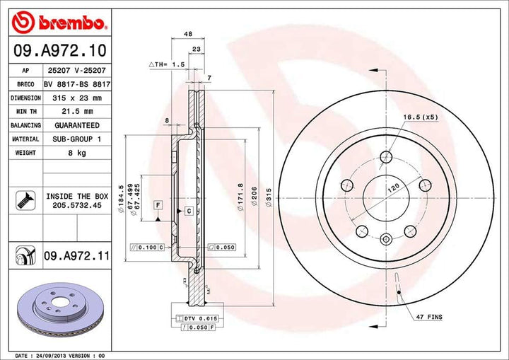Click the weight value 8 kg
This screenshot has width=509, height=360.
pos(76,153)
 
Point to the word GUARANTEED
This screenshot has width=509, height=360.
pos(76,125)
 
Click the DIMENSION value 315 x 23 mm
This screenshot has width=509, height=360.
pos(76,98)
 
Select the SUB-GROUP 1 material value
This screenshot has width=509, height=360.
pos(76,139)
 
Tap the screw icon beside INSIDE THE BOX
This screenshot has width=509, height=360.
pos(23,200)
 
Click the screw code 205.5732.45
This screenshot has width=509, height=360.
pos(76,206)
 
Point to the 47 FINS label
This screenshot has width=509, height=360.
pos(429,318)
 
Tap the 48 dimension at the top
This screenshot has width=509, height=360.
pos(188,33)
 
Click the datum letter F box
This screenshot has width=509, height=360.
pos(158,205)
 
